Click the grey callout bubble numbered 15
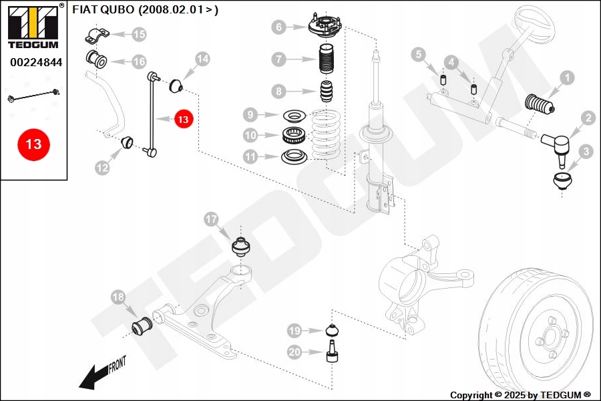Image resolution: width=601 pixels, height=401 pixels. click(138, 33)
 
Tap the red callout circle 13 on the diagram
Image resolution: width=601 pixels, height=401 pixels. click(183, 119)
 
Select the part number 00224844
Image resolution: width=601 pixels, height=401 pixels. click(36, 62)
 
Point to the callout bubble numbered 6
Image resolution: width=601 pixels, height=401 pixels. click(279, 27)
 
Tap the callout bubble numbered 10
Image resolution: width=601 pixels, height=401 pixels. click(250, 135)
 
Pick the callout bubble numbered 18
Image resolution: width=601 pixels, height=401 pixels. click(118, 297)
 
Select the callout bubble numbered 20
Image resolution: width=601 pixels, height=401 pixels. click(294, 351)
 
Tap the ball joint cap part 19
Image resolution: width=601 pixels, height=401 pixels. click(331, 330)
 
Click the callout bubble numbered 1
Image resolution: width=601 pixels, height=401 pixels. click(567, 78)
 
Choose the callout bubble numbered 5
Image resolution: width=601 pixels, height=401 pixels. click(418, 54)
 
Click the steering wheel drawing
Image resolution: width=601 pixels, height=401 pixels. click(534, 27)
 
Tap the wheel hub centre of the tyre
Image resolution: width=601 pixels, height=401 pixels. click(549, 337)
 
